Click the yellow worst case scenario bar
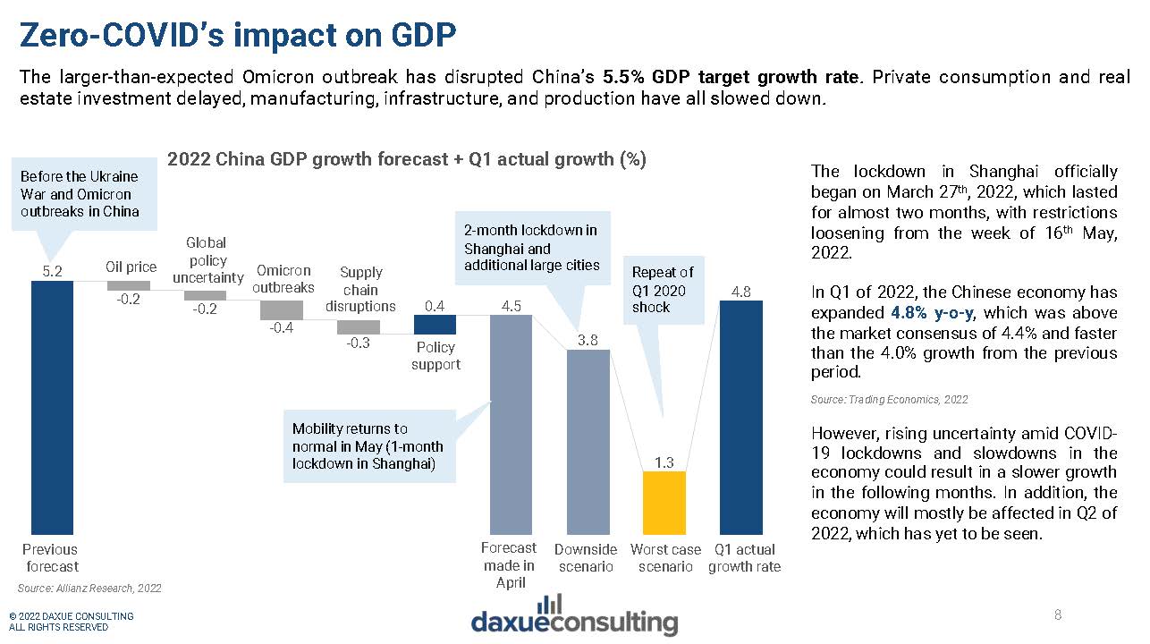point(664,503)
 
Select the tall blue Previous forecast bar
point(52,407)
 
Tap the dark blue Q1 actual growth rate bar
point(741,417)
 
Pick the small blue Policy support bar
point(435,325)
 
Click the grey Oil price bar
point(129,285)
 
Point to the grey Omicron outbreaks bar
point(282,309)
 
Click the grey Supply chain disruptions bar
point(359,326)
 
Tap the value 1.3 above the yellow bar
point(664,462)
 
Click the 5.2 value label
point(52,270)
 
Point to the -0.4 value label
point(282,328)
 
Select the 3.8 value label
point(588,339)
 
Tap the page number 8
point(1058,614)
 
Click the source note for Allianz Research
point(89,588)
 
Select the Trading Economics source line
point(889,400)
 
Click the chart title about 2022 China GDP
point(407,160)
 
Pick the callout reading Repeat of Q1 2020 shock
point(663,289)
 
